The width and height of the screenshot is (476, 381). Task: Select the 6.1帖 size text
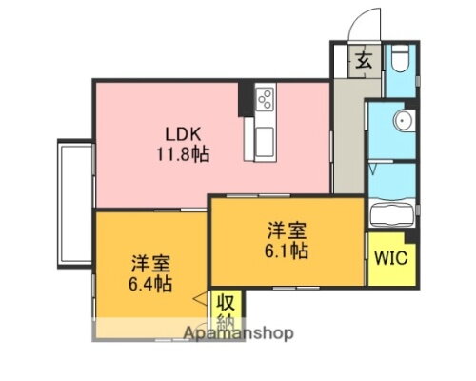tap(287, 251)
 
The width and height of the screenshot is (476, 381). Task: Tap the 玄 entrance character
tap(365, 61)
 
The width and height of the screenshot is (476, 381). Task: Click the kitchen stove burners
tap(265, 99)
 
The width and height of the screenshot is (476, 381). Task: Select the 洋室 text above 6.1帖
tap(287, 231)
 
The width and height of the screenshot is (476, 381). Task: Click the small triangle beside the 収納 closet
tap(200, 300)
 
